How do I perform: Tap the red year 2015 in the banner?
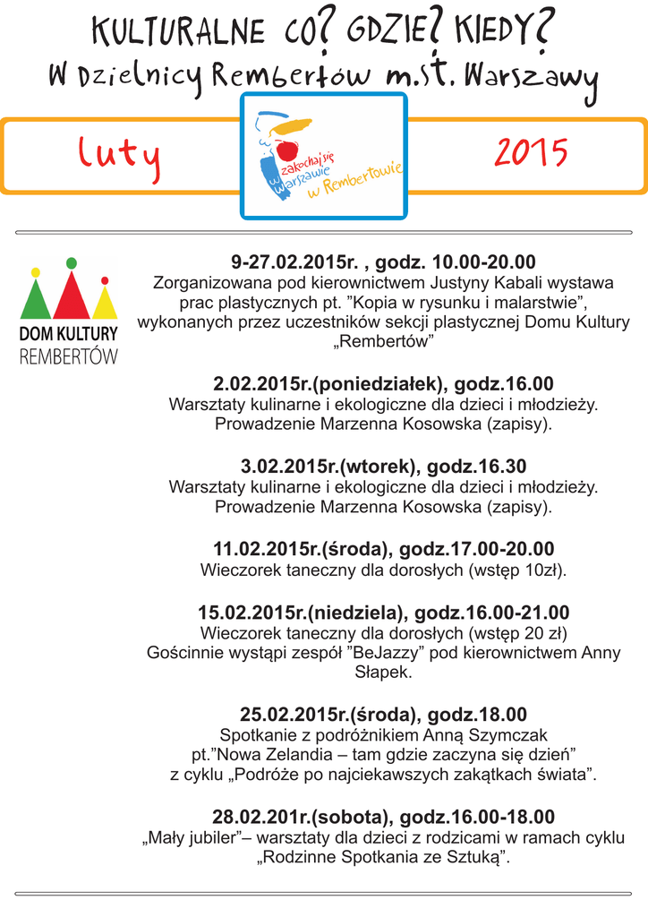pos(531,154)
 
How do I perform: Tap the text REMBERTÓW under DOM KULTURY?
pos(69,356)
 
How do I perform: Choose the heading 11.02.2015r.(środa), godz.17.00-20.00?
pos(383,549)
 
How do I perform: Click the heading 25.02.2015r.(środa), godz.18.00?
pos(383,715)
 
